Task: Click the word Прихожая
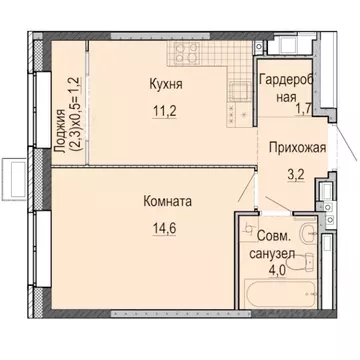[x=298, y=148]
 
